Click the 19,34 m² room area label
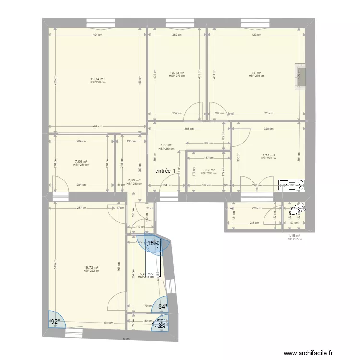(97, 79)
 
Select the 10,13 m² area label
(177, 73)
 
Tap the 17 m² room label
(257, 73)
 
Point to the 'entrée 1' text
(165, 170)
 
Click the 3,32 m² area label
(209, 170)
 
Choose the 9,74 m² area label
(268, 156)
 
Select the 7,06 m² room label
(81, 162)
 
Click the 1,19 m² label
(293, 236)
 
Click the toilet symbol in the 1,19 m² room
(298, 208)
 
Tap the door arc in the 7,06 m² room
(59, 183)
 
